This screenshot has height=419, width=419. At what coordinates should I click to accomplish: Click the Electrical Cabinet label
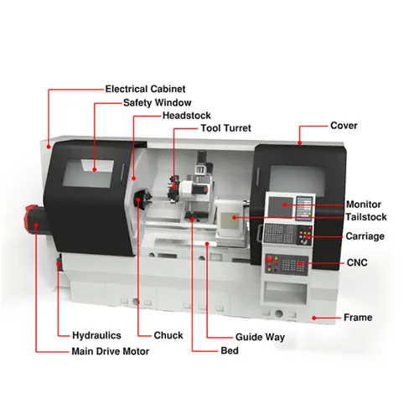[145, 89]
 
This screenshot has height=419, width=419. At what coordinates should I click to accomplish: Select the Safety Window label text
[158, 103]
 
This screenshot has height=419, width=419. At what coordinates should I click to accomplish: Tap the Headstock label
[187, 116]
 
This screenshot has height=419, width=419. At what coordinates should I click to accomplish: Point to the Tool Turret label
[225, 128]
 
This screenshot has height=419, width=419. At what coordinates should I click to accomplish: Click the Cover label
[344, 126]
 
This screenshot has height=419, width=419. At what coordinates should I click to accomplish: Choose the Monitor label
[364, 204]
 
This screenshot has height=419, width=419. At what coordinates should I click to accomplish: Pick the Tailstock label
[366, 217]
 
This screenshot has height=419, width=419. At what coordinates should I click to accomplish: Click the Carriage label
[365, 236]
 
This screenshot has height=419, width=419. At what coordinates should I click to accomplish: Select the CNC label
[357, 262]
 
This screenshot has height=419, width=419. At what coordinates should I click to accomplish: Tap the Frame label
[358, 318]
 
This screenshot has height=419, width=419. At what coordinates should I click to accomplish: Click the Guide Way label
[260, 337]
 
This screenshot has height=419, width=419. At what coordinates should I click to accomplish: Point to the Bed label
[230, 350]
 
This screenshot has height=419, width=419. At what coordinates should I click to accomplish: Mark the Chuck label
[168, 335]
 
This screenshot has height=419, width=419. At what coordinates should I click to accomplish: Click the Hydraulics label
[96, 335]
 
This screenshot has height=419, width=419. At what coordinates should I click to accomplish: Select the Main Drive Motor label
[111, 351]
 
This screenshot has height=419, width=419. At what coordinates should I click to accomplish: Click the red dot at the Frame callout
[314, 318]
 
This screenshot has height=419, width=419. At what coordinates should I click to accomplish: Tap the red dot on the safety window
[95, 169]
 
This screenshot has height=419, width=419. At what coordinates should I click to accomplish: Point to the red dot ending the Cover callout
[300, 143]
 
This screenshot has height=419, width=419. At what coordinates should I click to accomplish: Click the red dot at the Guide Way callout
[207, 244]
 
